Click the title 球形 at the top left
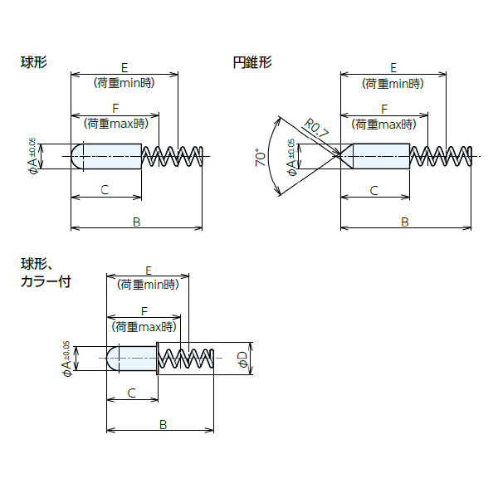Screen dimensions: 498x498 coord(34,61)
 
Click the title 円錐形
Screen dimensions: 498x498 coord(252,61)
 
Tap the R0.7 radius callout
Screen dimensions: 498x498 coord(316,129)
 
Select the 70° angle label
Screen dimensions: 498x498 coord(261,158)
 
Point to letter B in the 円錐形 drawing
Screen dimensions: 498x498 coord(404,222)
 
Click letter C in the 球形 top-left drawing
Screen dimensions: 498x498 coord(105,190)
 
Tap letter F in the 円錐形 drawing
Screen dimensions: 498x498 coord(383,110)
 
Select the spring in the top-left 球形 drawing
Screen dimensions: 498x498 coord(172,156)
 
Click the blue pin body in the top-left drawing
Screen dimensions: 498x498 coord(110,156)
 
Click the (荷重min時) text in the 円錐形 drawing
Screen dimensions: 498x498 coord(393,83)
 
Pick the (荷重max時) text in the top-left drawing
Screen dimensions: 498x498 coord(116,124)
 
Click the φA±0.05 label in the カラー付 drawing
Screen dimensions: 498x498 coord(66,359)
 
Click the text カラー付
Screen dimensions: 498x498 coord(46,281)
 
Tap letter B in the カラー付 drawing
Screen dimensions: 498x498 coord(164,424)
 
